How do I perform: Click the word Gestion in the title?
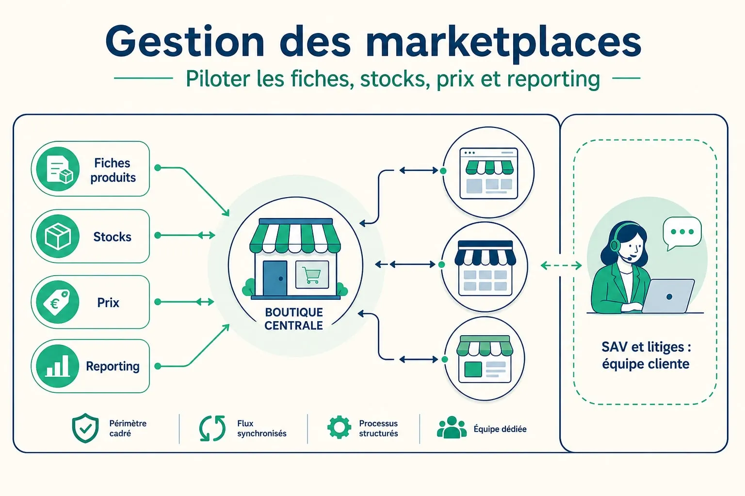185,42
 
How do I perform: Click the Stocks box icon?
58,236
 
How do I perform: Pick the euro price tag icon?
57,302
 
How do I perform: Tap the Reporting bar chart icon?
58,366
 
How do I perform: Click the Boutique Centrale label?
293,319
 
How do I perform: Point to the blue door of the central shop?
275,278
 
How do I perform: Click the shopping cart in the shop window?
312,275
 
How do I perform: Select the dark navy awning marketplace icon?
485,268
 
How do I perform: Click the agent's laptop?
668,296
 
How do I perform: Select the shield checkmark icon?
85,428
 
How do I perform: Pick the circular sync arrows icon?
212,428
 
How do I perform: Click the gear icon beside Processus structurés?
339,427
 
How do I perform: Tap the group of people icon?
452,427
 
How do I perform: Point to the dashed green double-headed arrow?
561,265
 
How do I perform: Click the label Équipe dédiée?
500,429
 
